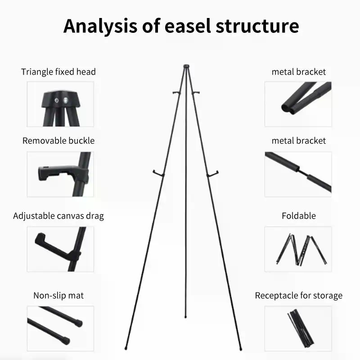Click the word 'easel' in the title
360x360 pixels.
[188, 26]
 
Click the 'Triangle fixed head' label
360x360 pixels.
[58, 72]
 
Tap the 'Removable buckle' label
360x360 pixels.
[58, 141]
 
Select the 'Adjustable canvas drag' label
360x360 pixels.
[58, 216]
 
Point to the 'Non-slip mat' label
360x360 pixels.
[58, 296]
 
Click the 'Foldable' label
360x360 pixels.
[299, 216]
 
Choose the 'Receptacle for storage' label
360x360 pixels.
[298, 296]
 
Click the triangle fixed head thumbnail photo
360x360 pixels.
[60, 104]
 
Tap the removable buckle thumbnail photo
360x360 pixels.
[60, 174]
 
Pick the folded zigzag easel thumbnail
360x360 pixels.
[301, 249]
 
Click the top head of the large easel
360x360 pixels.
[186, 66]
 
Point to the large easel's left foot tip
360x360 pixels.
[126, 348]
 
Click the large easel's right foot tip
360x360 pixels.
[241, 349]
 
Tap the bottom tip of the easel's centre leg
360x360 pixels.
[185, 317]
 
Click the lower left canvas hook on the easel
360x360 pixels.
[158, 174]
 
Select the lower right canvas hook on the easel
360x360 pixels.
[212, 174]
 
